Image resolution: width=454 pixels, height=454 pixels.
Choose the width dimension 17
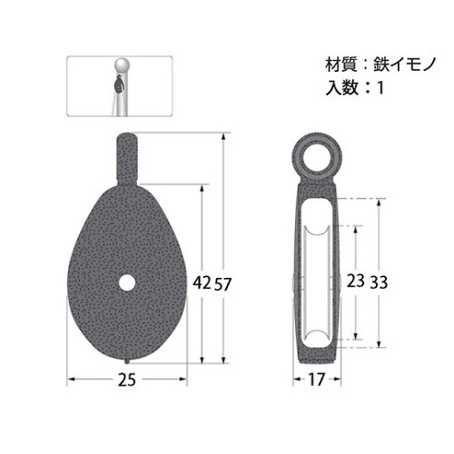pos(316,380)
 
